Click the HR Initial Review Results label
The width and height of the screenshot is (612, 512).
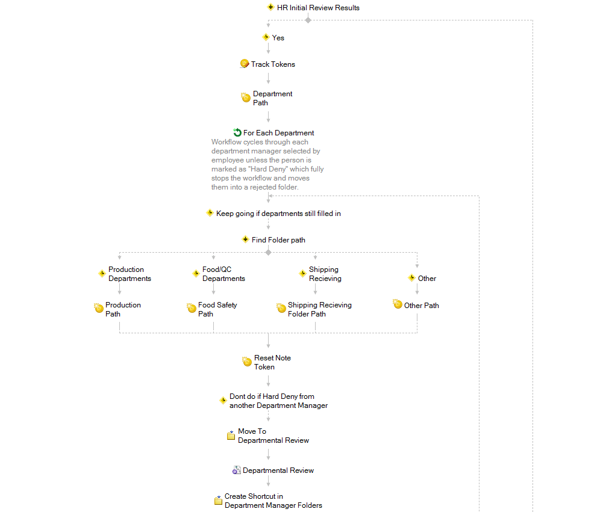(318, 8)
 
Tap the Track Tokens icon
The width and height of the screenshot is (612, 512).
(245, 64)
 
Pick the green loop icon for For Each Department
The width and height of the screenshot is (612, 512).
(237, 132)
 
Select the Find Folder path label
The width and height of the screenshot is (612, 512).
(278, 240)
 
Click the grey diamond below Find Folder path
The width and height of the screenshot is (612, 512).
(268, 252)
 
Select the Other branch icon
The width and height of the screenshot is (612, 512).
(411, 278)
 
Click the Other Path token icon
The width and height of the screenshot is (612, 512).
(398, 304)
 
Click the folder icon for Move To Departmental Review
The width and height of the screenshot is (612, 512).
(231, 435)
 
